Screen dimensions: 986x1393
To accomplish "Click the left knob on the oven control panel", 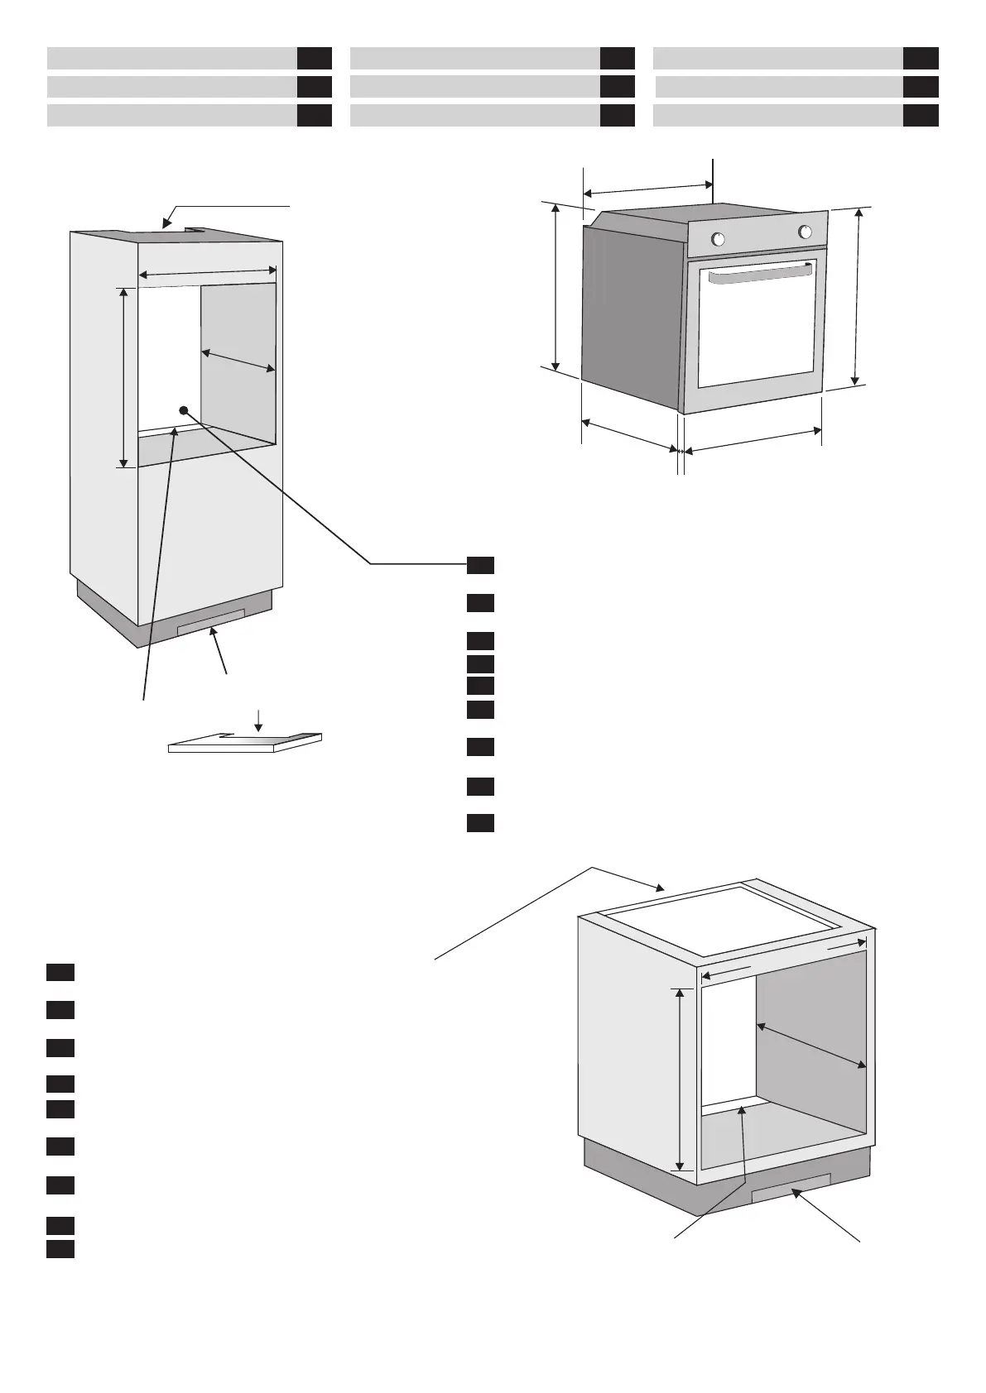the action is (x=718, y=240).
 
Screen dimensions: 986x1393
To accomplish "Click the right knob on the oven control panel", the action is (x=805, y=232).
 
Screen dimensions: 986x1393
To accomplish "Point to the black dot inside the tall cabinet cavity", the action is (x=184, y=410).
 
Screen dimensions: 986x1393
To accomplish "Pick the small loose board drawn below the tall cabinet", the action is (x=245, y=744).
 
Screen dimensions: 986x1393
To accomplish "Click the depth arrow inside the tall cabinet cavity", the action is (x=238, y=361).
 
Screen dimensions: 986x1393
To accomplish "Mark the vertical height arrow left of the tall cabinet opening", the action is (x=124, y=377).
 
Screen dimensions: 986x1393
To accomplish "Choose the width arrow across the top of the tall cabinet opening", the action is (x=207, y=271).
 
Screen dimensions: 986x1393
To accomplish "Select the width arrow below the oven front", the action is (x=753, y=440).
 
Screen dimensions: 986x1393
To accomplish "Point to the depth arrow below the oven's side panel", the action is (x=629, y=436).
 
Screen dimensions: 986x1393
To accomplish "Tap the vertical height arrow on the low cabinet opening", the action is (x=681, y=1079).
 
